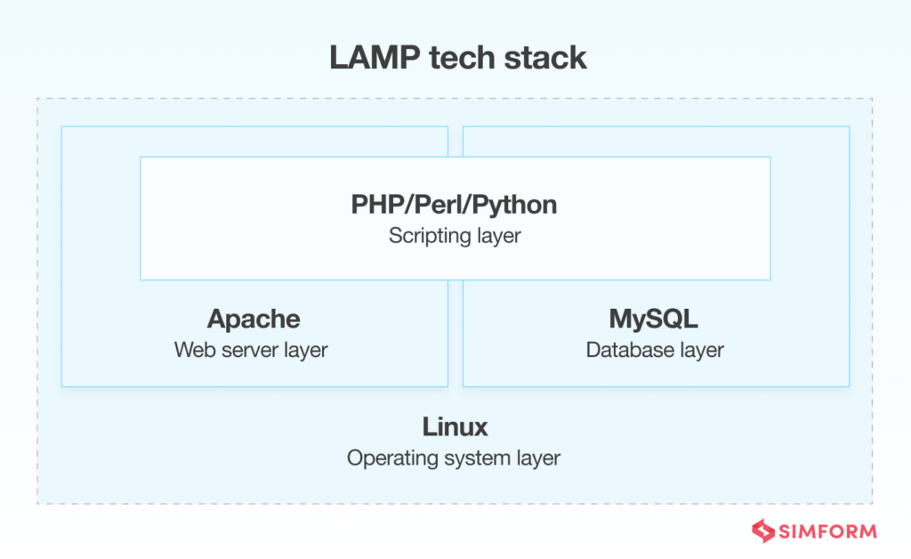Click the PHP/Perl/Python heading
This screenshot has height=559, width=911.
[x=455, y=205]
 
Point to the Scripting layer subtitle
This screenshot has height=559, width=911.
[x=455, y=237]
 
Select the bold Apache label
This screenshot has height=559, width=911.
[x=254, y=319]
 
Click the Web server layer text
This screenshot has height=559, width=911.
[x=251, y=350]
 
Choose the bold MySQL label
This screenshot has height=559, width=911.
[x=655, y=319]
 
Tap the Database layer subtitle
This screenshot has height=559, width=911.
[x=655, y=350]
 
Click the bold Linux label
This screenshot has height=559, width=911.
[x=455, y=427]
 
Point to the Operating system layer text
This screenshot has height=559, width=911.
[x=454, y=459]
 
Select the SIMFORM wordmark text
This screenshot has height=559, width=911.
[x=827, y=531]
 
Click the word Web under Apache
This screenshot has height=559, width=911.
[x=191, y=350]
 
